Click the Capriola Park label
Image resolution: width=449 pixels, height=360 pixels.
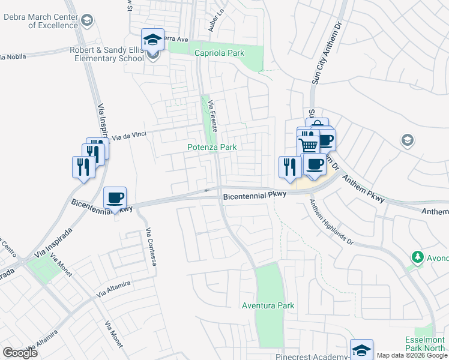(x=219, y=53)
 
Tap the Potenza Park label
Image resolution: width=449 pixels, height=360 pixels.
(x=212, y=147)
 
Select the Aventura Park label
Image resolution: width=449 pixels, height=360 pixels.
(x=268, y=305)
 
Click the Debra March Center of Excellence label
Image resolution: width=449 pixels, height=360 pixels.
(x=40, y=22)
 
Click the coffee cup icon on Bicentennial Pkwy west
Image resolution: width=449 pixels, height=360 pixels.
(x=115, y=197)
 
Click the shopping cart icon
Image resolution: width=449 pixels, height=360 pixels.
(x=308, y=145)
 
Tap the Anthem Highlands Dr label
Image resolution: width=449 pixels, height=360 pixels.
(x=331, y=221)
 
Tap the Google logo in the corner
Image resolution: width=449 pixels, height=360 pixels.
(x=20, y=352)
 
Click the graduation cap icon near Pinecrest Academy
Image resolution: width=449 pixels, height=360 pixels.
(x=361, y=350)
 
